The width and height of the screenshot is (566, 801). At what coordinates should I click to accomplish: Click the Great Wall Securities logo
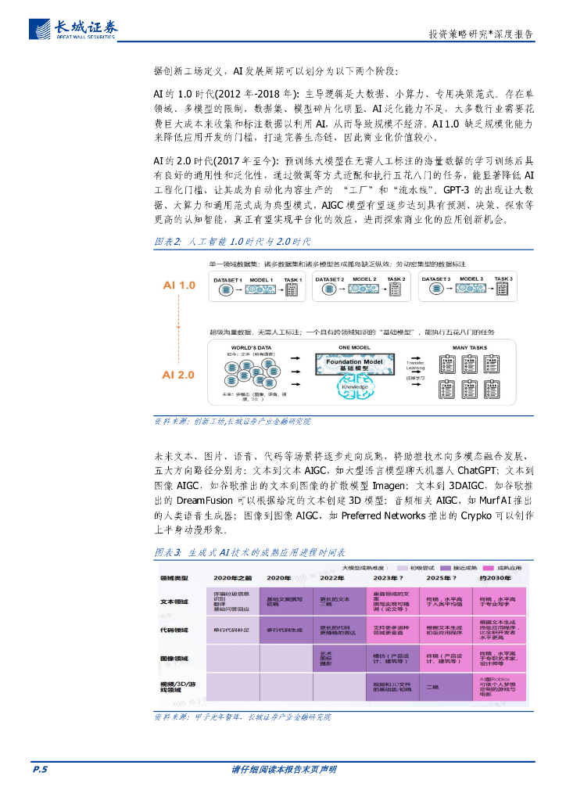tap(74, 28)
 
